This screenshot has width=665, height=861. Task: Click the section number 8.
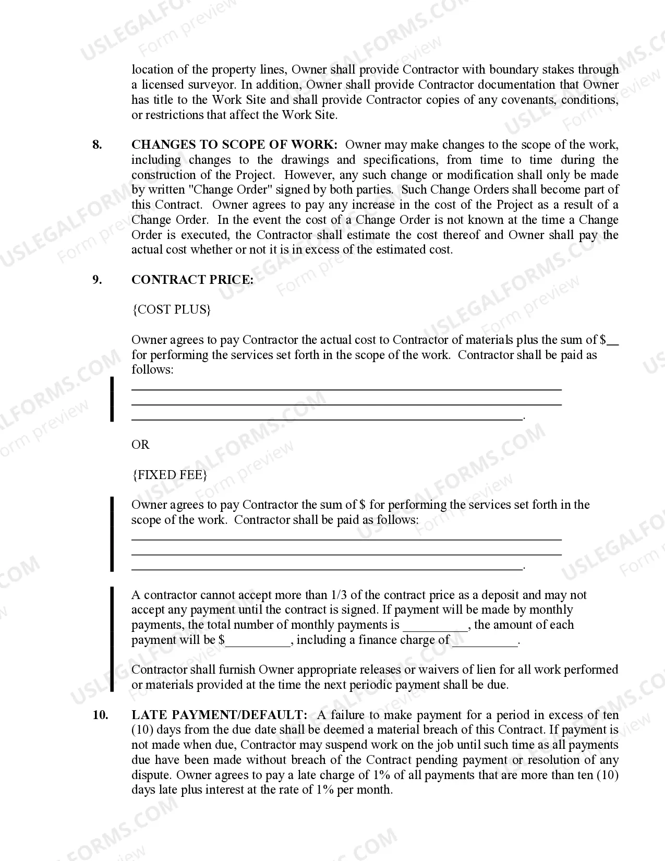(x=97, y=145)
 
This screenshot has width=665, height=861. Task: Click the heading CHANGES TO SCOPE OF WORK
(x=234, y=145)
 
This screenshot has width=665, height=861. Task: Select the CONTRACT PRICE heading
(x=192, y=280)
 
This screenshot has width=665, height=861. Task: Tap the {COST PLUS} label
(x=172, y=309)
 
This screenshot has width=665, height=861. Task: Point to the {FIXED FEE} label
(x=170, y=475)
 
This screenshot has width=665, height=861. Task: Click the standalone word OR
(x=140, y=445)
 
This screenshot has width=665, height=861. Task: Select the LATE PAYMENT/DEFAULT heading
(x=219, y=715)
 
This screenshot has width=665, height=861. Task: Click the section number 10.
(x=100, y=715)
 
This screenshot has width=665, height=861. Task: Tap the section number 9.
(x=97, y=280)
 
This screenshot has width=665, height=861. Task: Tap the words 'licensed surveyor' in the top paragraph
(x=187, y=85)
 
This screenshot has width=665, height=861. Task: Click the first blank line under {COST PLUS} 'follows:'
(x=346, y=389)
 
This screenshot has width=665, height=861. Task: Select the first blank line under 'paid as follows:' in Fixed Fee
(x=346, y=539)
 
